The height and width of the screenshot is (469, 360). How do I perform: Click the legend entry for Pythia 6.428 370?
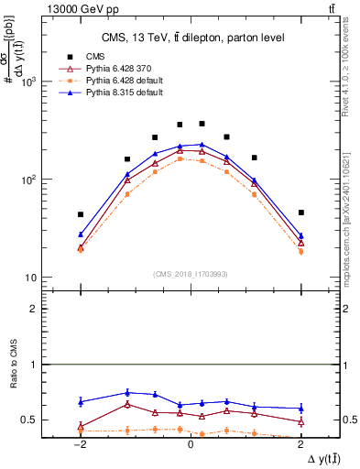pos(115,69)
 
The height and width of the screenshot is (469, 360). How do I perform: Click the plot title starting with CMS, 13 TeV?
pos(191,37)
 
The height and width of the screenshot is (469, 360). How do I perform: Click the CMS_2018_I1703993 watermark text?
pos(191,275)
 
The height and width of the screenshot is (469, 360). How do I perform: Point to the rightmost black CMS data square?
pos(300,213)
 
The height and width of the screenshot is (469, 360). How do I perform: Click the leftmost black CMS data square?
pos(81,214)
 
